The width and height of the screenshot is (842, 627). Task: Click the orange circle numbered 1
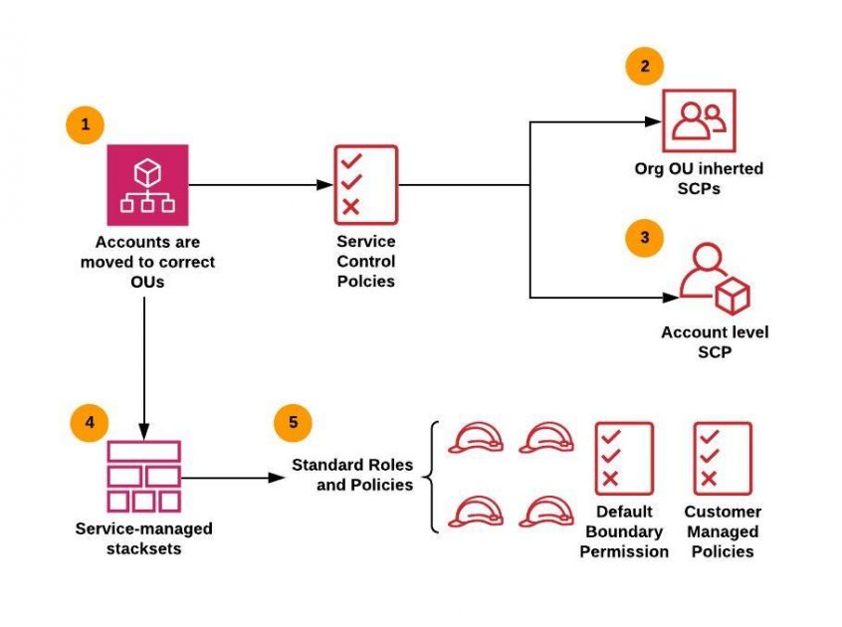pyautogui.click(x=85, y=125)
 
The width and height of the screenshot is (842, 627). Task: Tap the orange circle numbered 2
pyautogui.click(x=644, y=66)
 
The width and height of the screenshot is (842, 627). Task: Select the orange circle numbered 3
pyautogui.click(x=645, y=238)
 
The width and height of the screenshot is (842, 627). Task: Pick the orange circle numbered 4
pyautogui.click(x=90, y=421)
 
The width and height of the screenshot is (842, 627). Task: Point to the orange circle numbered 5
pyautogui.click(x=293, y=422)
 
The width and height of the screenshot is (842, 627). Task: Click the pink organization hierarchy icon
pyautogui.click(x=147, y=185)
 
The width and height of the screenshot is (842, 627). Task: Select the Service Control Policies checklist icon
pyautogui.click(x=364, y=184)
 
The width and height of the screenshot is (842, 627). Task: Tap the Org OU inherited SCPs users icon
pyautogui.click(x=699, y=120)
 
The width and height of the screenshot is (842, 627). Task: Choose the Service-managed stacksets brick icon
pyautogui.click(x=144, y=476)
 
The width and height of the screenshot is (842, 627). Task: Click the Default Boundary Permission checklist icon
pyautogui.click(x=623, y=458)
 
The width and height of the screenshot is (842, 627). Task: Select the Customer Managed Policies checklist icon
pyautogui.click(x=723, y=458)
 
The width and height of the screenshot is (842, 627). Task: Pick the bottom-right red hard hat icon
pyautogui.click(x=547, y=510)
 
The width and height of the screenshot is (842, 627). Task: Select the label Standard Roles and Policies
pyautogui.click(x=351, y=475)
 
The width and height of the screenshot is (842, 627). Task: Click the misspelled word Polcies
pyautogui.click(x=365, y=281)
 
